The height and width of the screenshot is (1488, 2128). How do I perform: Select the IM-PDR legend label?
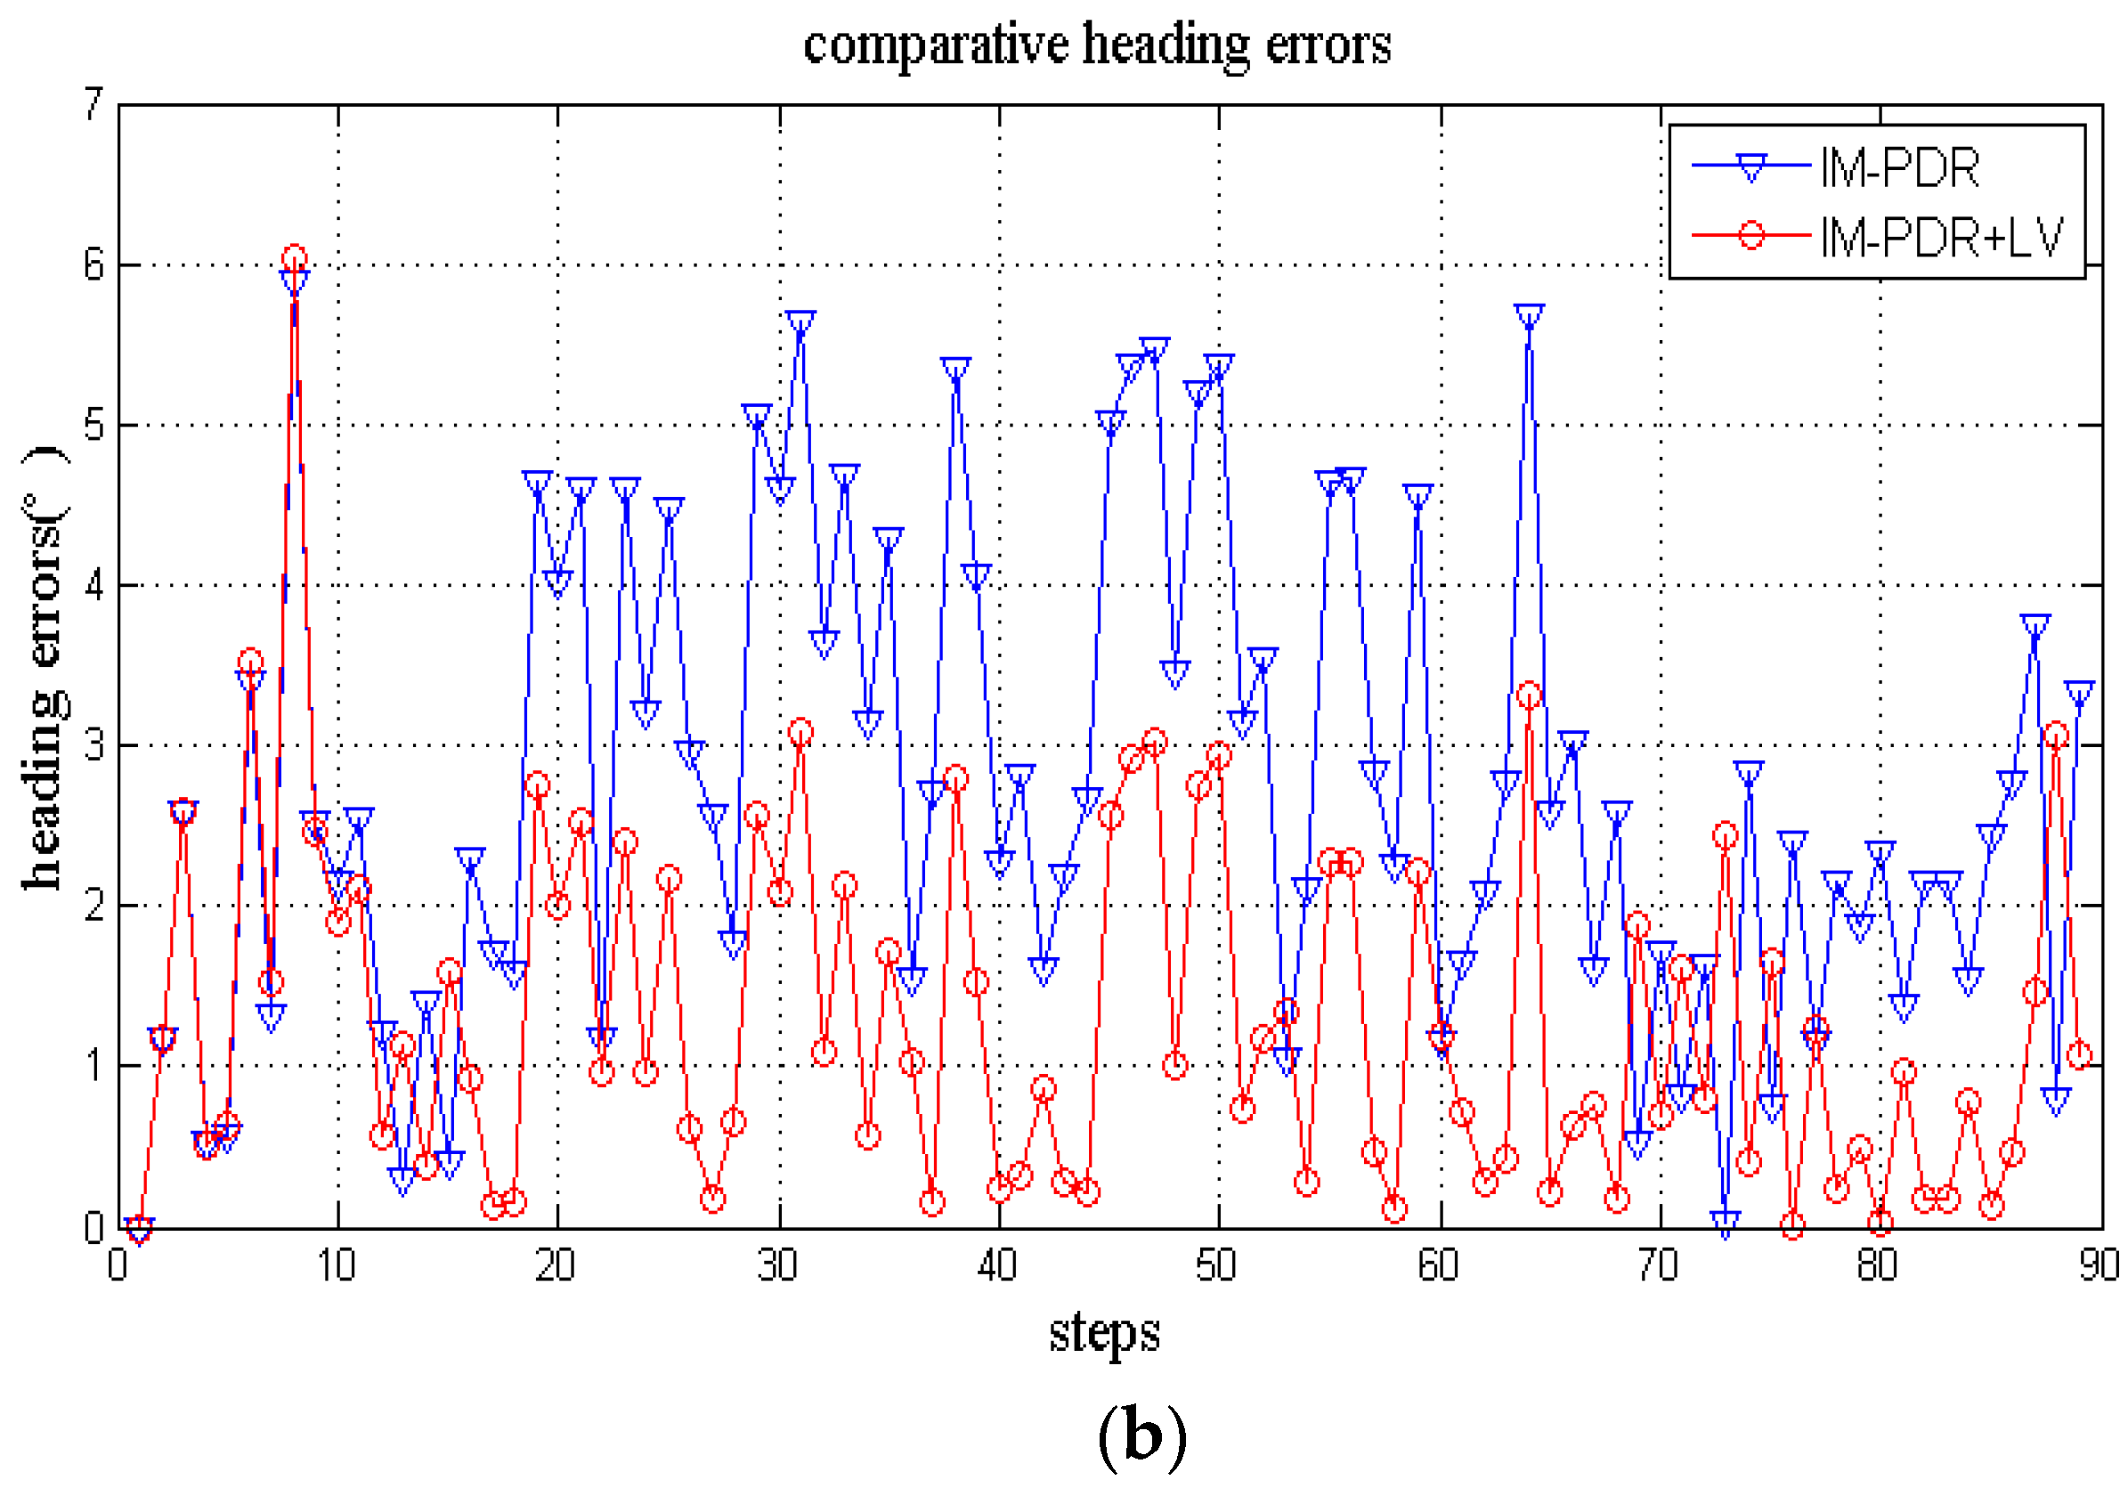[1900, 168]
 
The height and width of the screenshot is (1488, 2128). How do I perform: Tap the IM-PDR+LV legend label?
[1941, 238]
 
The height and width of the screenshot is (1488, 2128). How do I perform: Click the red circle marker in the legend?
[1750, 234]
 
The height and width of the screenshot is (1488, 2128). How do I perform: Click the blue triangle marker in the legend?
[1750, 167]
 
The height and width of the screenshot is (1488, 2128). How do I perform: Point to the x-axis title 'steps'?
[1104, 1333]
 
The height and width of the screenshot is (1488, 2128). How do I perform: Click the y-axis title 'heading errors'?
[45, 668]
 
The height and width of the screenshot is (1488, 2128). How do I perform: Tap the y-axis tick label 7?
[93, 105]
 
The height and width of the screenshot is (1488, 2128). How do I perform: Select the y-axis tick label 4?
[93, 586]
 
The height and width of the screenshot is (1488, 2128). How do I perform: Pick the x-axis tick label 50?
[1216, 1265]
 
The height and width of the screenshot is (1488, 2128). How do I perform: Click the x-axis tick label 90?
[2099, 1265]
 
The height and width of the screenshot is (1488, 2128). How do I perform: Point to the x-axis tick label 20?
[556, 1265]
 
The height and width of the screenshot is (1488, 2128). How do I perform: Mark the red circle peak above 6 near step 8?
[294, 258]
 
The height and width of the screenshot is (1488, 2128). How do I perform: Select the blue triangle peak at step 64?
[1530, 316]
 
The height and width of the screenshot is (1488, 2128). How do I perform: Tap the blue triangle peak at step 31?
[800, 323]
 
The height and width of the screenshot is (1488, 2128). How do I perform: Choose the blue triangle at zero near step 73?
[1725, 1223]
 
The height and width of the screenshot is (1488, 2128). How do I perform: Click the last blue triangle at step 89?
[2079, 693]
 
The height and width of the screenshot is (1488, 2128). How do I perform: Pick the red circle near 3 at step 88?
[2056, 736]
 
